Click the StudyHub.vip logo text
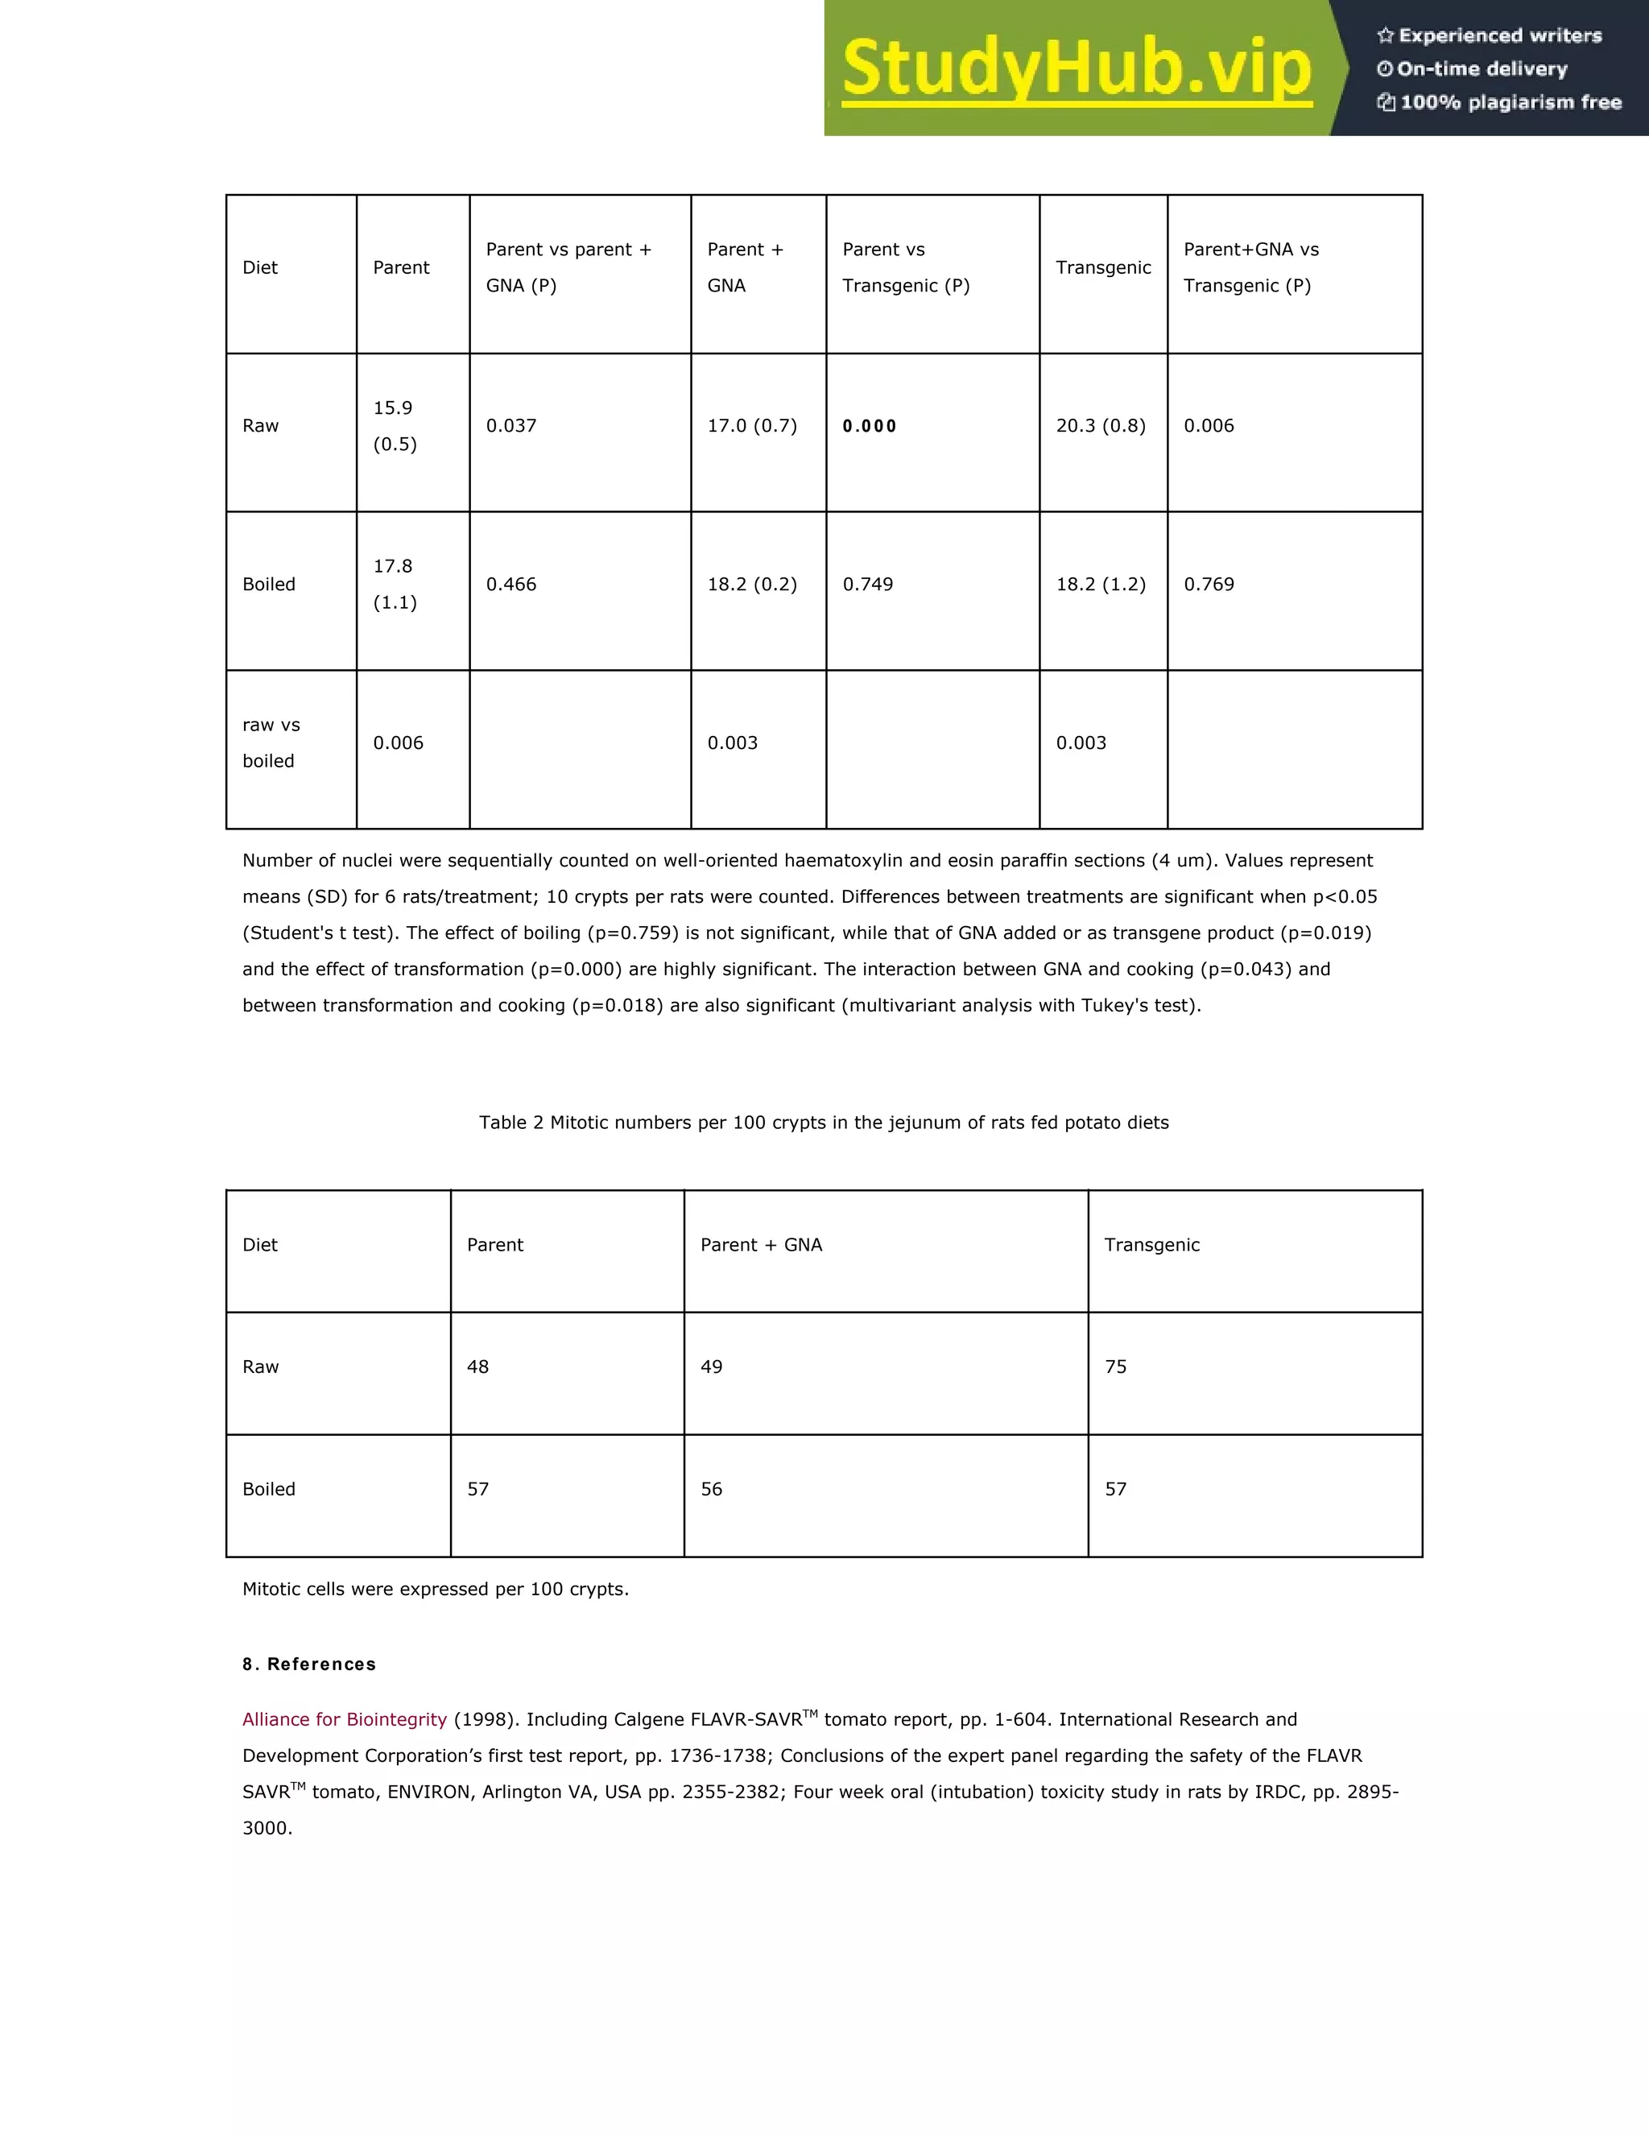(1076, 68)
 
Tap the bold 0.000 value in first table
(870, 426)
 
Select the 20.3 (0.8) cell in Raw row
(1100, 426)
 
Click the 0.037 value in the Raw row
(511, 426)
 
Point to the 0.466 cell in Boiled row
(511, 585)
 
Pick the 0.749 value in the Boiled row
(867, 585)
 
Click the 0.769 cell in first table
(1209, 585)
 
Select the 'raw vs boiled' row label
(271, 742)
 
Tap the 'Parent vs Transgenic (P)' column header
(906, 267)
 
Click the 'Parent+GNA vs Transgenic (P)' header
(1250, 267)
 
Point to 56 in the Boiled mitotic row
(711, 1489)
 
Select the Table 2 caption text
(824, 1123)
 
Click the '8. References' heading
(308, 1664)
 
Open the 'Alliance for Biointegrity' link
(344, 1720)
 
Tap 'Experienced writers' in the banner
(1499, 36)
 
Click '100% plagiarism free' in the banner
(1510, 102)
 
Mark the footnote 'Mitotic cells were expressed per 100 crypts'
(435, 1589)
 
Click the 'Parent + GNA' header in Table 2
(761, 1245)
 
